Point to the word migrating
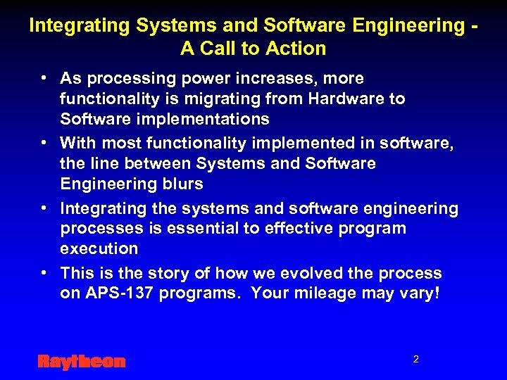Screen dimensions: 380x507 pos(225,99)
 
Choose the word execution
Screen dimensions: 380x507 pos(99,248)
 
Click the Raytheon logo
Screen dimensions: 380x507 pos(81,362)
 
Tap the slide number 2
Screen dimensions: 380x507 pos(415,360)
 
